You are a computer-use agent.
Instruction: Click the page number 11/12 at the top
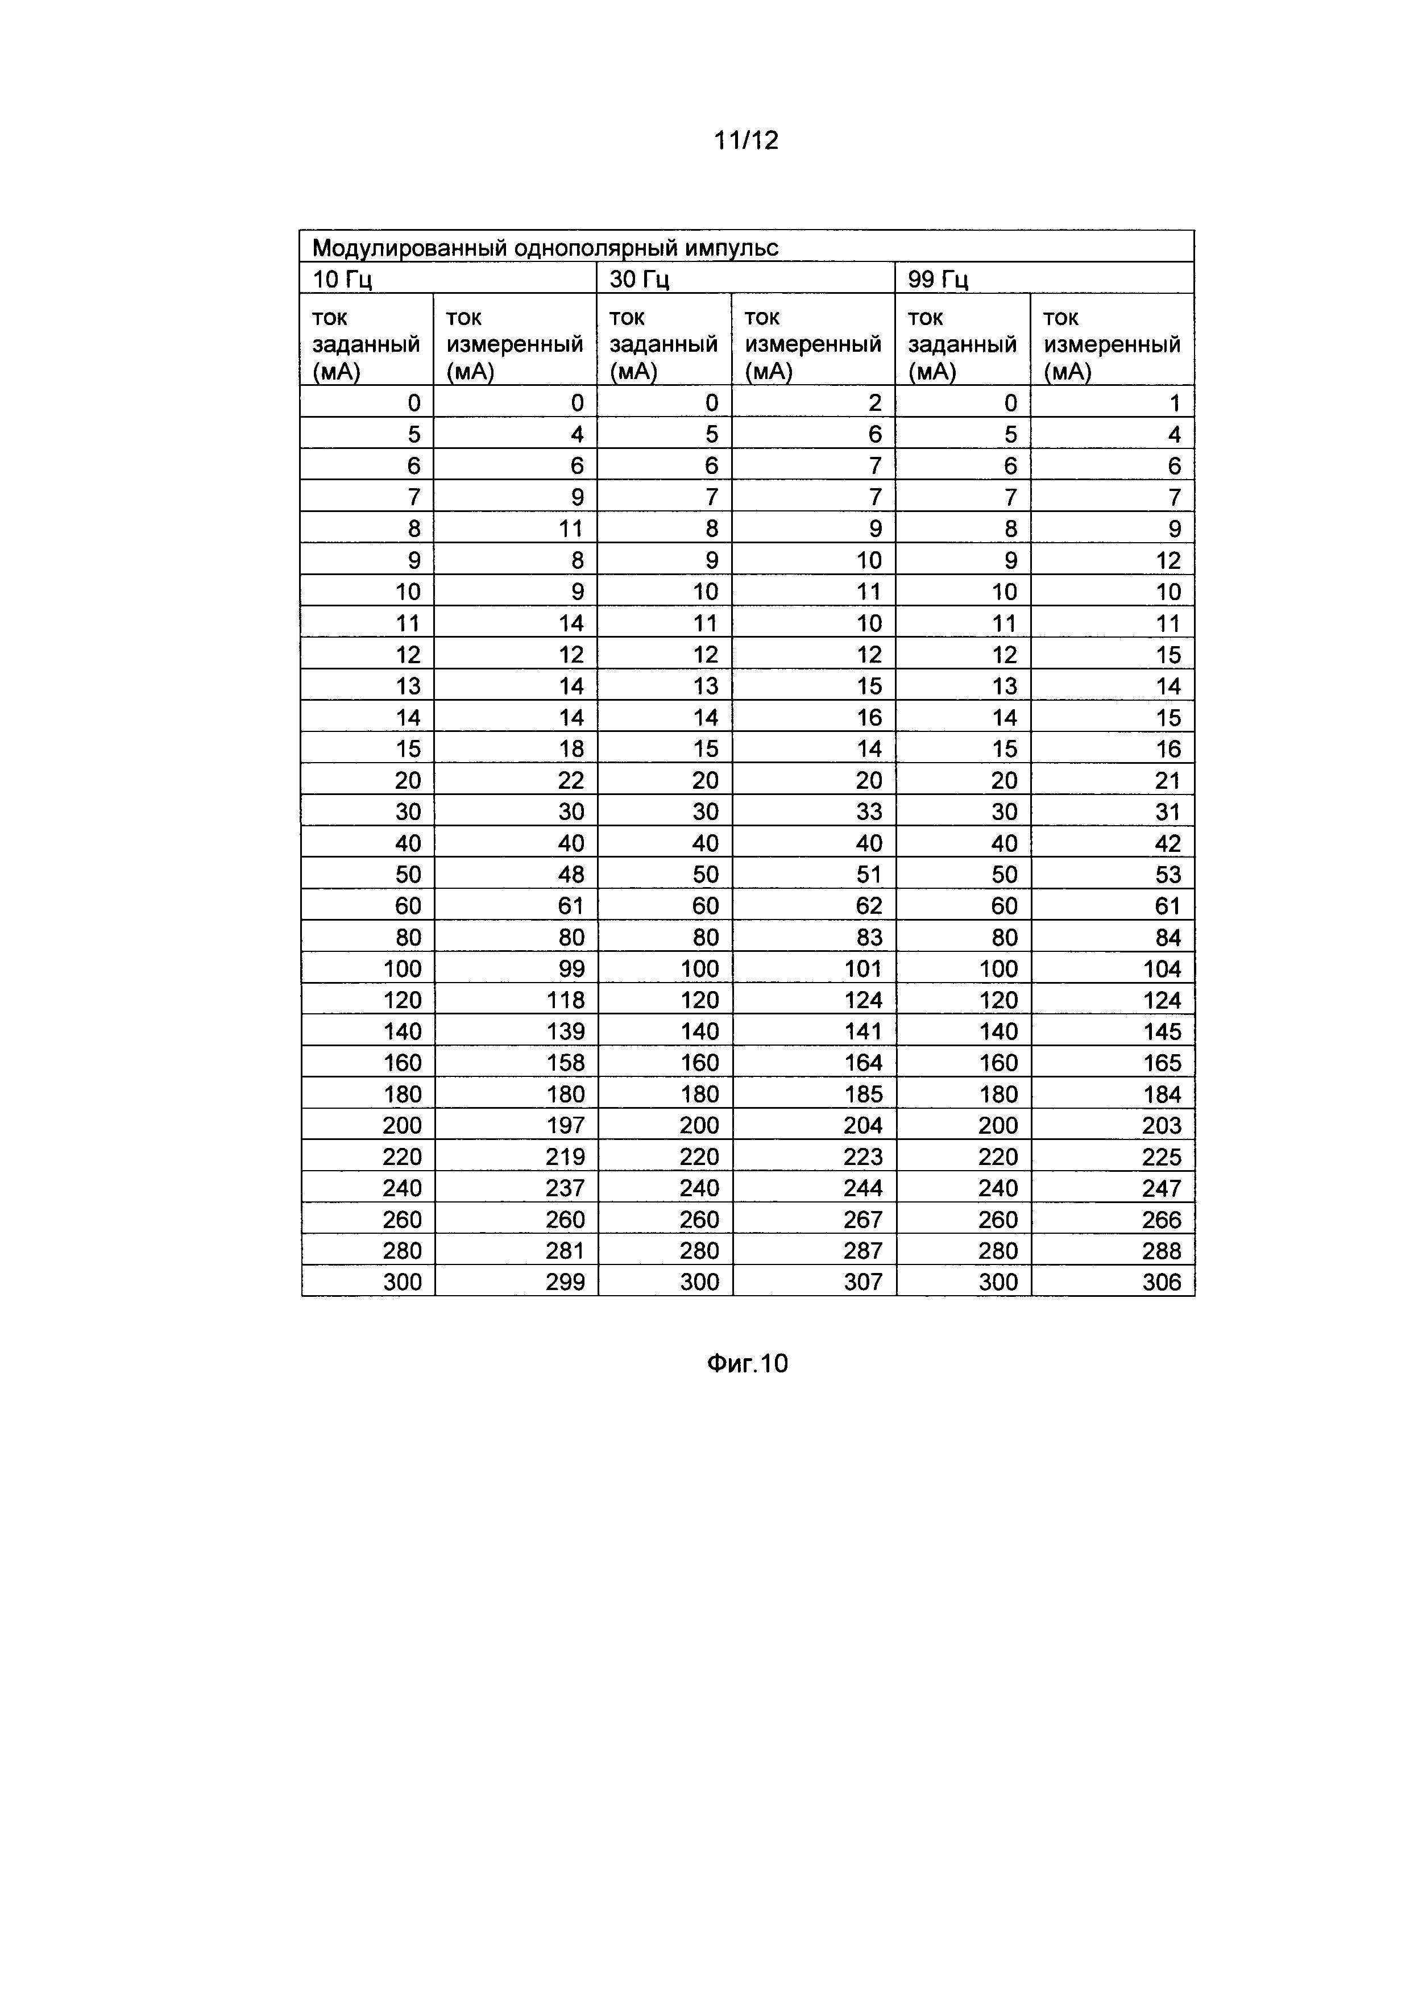(x=746, y=140)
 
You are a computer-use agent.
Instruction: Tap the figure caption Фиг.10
(x=747, y=1364)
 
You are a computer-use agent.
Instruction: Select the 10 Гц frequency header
(x=342, y=280)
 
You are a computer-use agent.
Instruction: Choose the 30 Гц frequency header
(x=640, y=280)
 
